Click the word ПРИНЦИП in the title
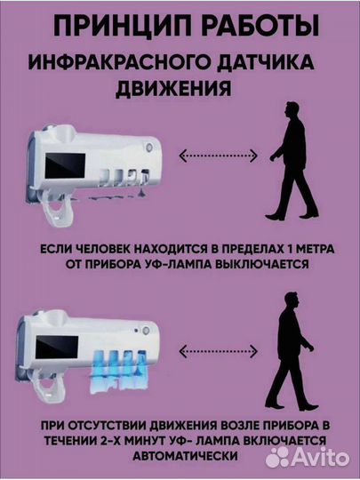(x=114, y=25)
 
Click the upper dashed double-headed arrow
(x=218, y=156)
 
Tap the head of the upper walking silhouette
(x=293, y=109)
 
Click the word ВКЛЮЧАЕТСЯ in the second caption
(x=270, y=439)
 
